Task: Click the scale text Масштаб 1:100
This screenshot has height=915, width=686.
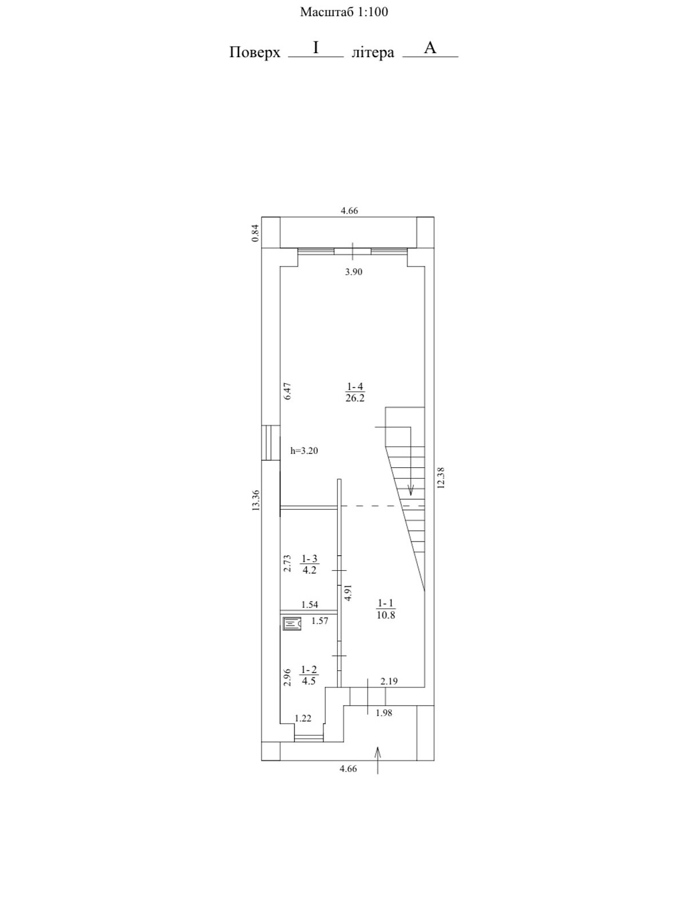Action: [x=344, y=11]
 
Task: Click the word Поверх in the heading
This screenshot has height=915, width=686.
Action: [x=254, y=53]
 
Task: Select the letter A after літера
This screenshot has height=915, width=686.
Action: [x=430, y=48]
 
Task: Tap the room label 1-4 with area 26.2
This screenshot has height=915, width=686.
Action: [x=354, y=392]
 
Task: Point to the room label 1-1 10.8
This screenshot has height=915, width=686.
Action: [x=386, y=609]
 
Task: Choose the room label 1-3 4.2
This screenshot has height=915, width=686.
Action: [x=309, y=564]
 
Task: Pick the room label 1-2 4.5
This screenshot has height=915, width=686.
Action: [x=309, y=676]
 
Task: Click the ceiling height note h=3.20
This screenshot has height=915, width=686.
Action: [x=304, y=451]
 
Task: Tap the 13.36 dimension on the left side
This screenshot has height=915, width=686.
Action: [x=256, y=500]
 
